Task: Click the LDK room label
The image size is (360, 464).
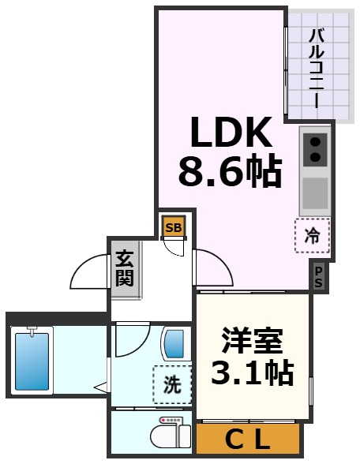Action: click(x=229, y=134)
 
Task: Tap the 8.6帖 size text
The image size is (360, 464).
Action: click(x=229, y=171)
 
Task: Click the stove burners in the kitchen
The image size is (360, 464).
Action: click(x=315, y=149)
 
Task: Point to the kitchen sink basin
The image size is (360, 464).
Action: click(x=315, y=191)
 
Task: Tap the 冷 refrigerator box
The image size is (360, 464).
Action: click(x=313, y=235)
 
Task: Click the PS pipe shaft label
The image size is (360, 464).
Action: click(x=318, y=277)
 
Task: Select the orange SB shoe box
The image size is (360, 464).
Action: click(x=173, y=226)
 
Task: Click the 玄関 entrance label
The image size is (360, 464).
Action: click(x=124, y=268)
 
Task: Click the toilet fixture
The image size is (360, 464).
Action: click(x=171, y=432)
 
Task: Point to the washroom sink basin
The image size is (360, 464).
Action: click(x=174, y=344)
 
